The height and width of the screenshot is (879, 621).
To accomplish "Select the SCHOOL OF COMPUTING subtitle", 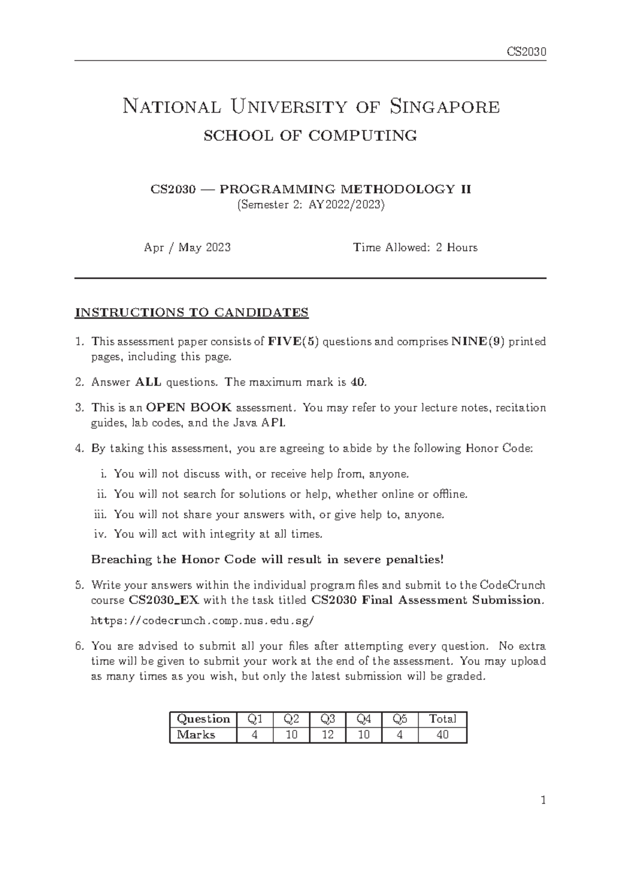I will [x=310, y=136].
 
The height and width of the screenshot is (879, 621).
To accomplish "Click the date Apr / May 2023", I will [x=187, y=247].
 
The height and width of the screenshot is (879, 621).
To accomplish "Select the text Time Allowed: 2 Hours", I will [x=415, y=247].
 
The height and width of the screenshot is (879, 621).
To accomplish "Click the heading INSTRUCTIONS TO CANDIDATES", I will [x=191, y=313].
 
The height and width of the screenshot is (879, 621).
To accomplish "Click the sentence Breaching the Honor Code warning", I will [x=267, y=560].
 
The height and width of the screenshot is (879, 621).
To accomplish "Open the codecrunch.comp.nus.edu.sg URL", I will [x=202, y=620].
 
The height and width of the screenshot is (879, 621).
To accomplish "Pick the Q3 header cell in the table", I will [x=328, y=719].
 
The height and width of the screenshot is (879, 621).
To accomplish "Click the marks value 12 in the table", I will [x=328, y=735].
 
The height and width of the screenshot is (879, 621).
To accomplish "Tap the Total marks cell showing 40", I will [x=442, y=735].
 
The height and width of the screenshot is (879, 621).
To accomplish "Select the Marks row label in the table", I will [x=196, y=735].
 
